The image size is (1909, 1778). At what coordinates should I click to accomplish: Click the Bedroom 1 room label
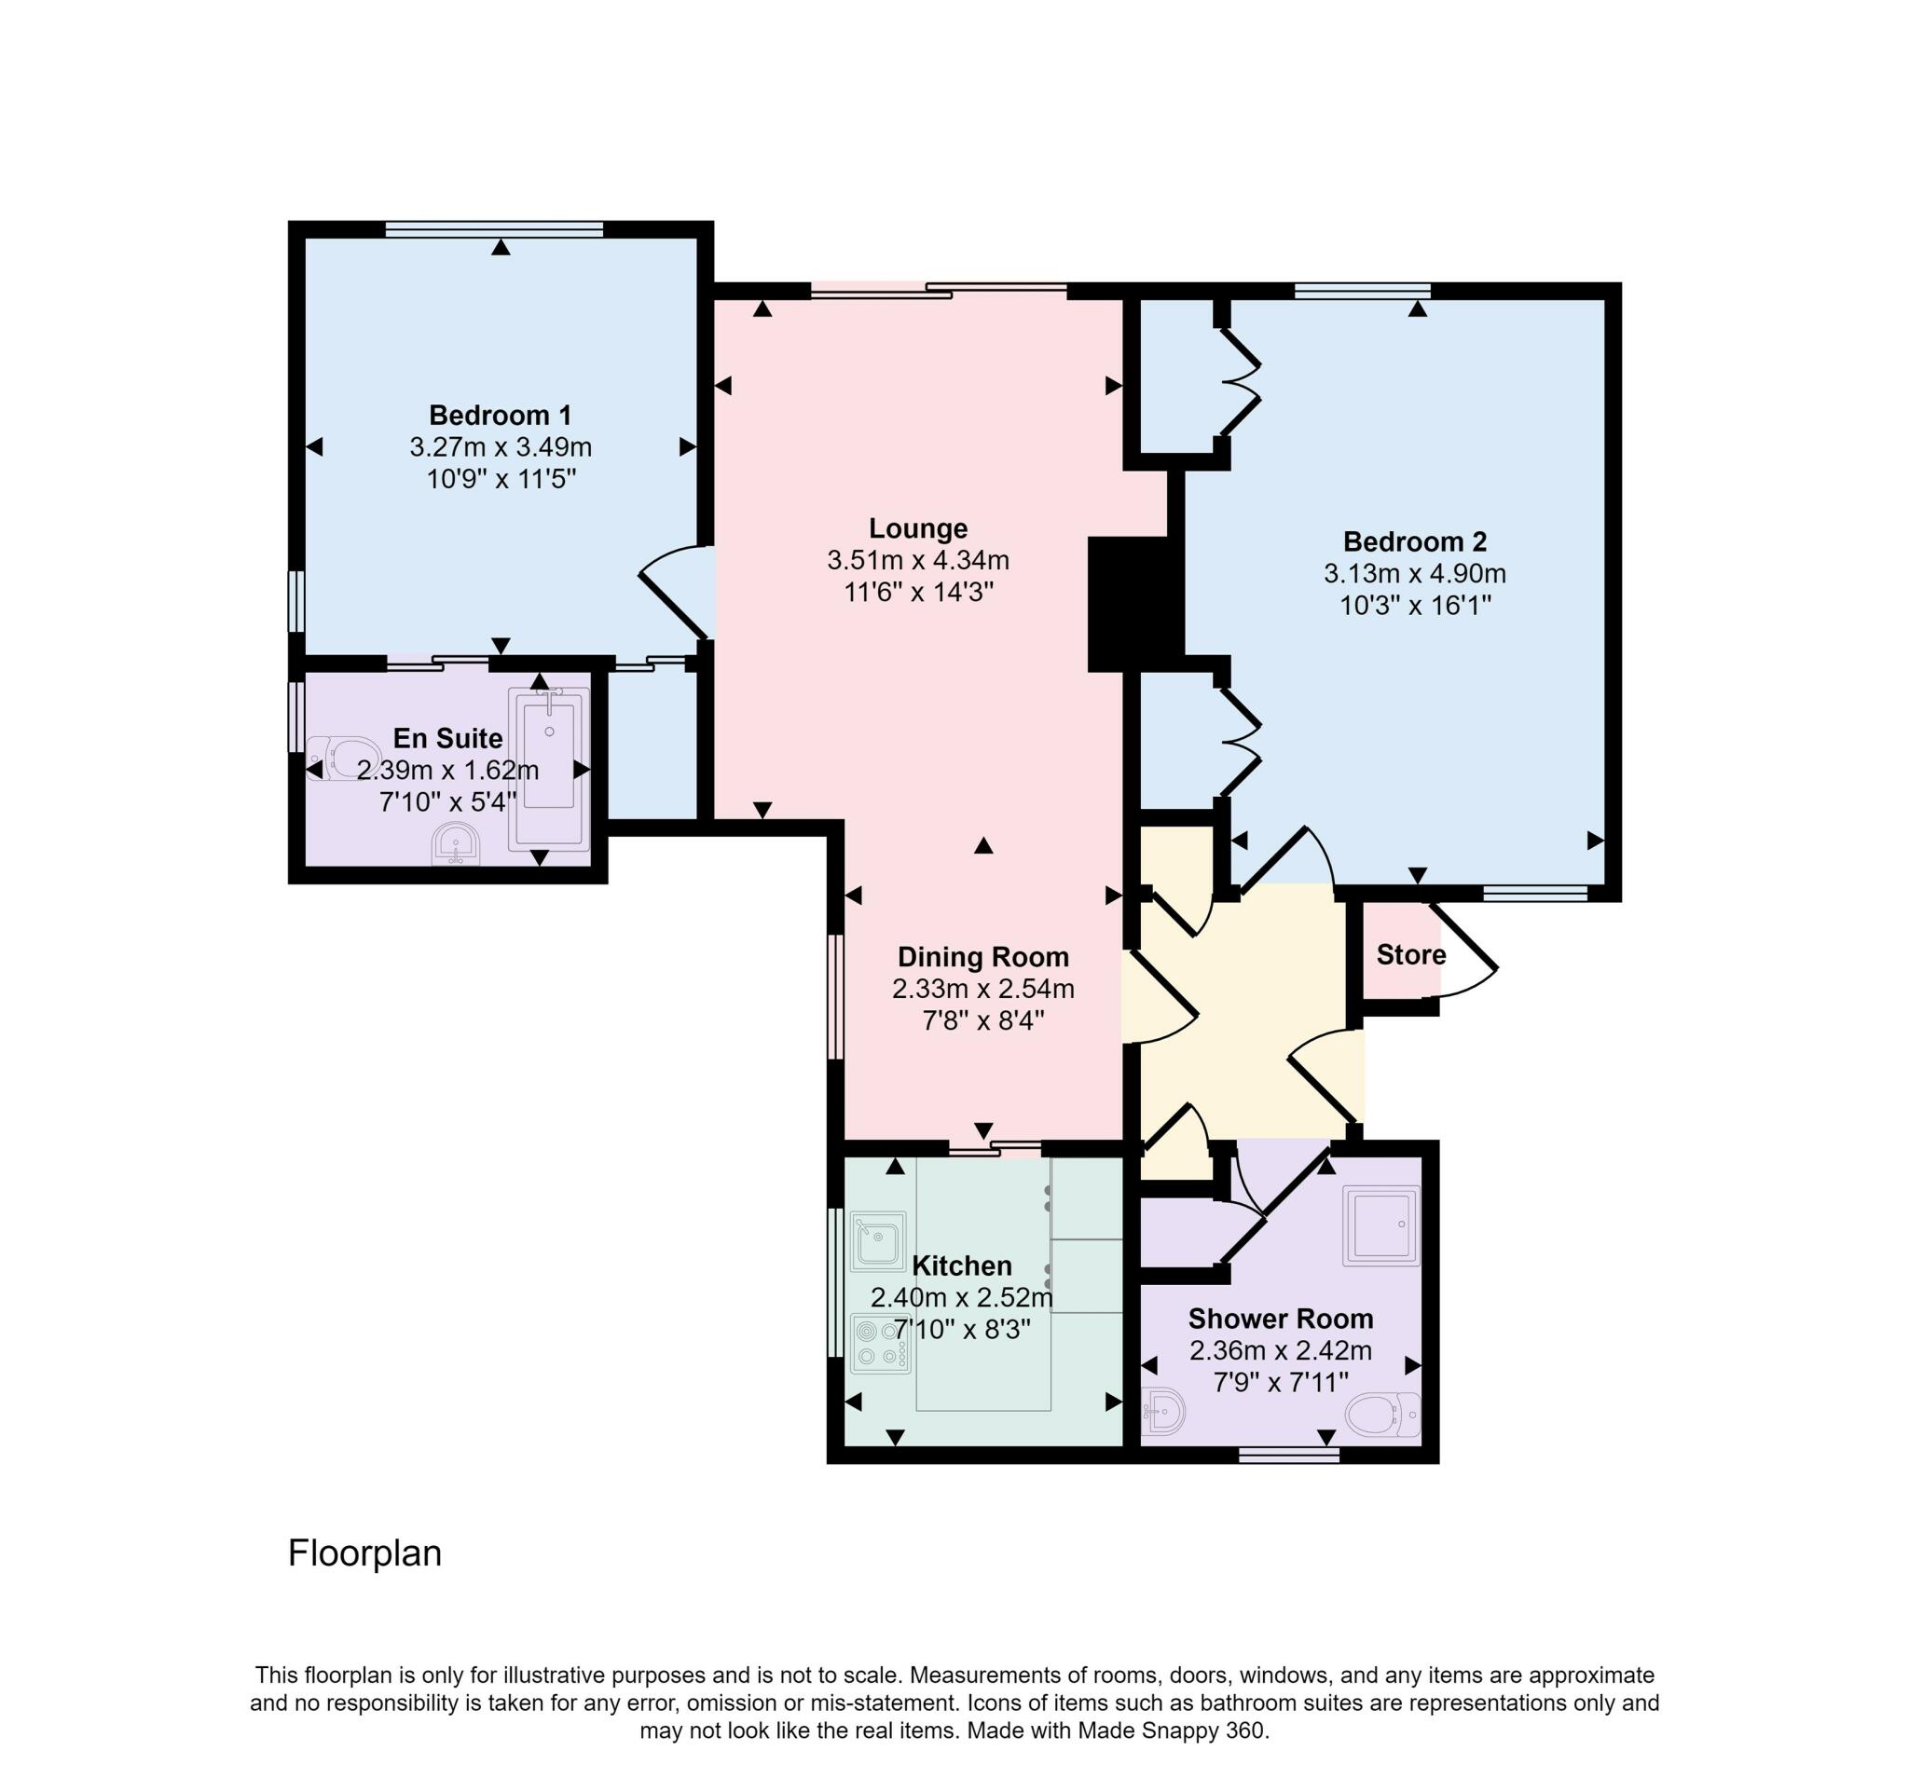pos(500,415)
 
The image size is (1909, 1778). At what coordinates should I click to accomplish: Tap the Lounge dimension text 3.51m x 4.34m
pos(917,560)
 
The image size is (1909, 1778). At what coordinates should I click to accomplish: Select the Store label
pos(1409,954)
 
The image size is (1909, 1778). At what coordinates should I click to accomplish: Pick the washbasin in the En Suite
pos(455,844)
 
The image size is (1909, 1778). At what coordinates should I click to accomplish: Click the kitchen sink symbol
pos(878,1240)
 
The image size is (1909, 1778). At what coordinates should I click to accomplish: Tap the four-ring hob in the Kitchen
pos(880,1343)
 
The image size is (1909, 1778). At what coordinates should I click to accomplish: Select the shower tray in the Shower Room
pos(1380,1226)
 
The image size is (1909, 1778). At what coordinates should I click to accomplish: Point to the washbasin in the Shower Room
pos(1164,1412)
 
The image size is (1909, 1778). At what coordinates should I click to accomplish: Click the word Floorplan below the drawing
pos(364,1552)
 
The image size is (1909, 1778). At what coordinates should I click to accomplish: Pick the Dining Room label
pos(982,956)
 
